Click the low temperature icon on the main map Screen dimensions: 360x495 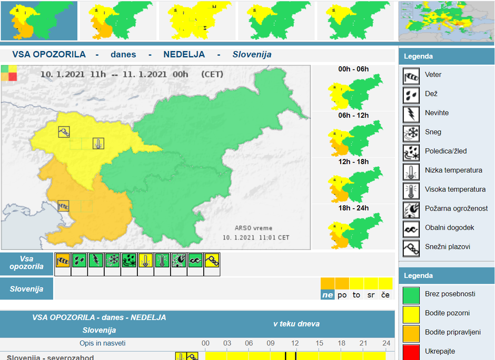(x=98, y=143)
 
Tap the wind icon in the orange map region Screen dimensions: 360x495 (x=64, y=206)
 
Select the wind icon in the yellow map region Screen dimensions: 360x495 (x=64, y=132)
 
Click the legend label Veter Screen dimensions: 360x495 (x=433, y=75)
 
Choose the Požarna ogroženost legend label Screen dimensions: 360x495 (x=456, y=208)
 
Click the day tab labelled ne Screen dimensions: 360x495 (x=328, y=295)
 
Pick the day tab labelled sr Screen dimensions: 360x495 (x=371, y=295)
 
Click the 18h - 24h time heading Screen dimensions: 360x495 (x=353, y=208)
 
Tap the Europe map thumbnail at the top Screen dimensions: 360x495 (x=446, y=21)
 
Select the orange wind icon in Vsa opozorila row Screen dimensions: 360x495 (x=63, y=261)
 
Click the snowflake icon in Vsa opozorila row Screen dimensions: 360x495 (x=112, y=261)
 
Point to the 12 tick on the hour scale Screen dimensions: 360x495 (x=295, y=343)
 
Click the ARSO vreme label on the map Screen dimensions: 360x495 (x=253, y=228)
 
